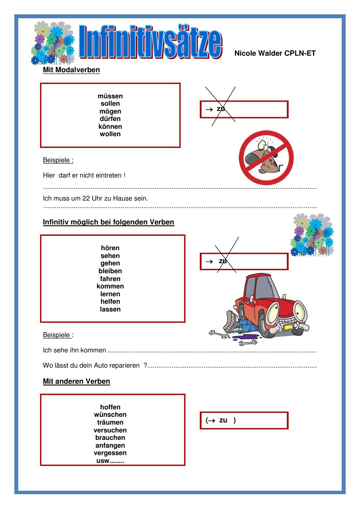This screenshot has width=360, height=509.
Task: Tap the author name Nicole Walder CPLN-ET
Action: point(275,54)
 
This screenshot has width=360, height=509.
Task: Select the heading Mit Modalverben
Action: point(71,70)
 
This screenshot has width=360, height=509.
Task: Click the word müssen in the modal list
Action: point(110,96)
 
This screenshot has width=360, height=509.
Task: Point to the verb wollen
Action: point(110,134)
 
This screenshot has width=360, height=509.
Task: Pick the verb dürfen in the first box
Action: point(110,119)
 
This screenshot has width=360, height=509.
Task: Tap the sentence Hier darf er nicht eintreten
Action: point(84,175)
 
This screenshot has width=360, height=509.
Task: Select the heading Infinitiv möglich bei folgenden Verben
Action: point(108,222)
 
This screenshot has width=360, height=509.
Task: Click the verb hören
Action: point(110,248)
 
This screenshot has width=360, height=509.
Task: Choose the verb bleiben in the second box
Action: point(110,271)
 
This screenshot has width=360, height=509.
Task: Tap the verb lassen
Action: point(110,309)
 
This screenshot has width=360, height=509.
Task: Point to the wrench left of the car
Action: point(219,335)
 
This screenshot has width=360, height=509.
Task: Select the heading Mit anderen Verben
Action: point(76,382)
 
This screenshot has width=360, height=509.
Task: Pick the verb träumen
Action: point(110,422)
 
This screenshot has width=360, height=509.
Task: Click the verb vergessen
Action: point(110,453)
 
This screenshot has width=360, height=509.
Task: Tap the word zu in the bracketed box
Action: point(223,420)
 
